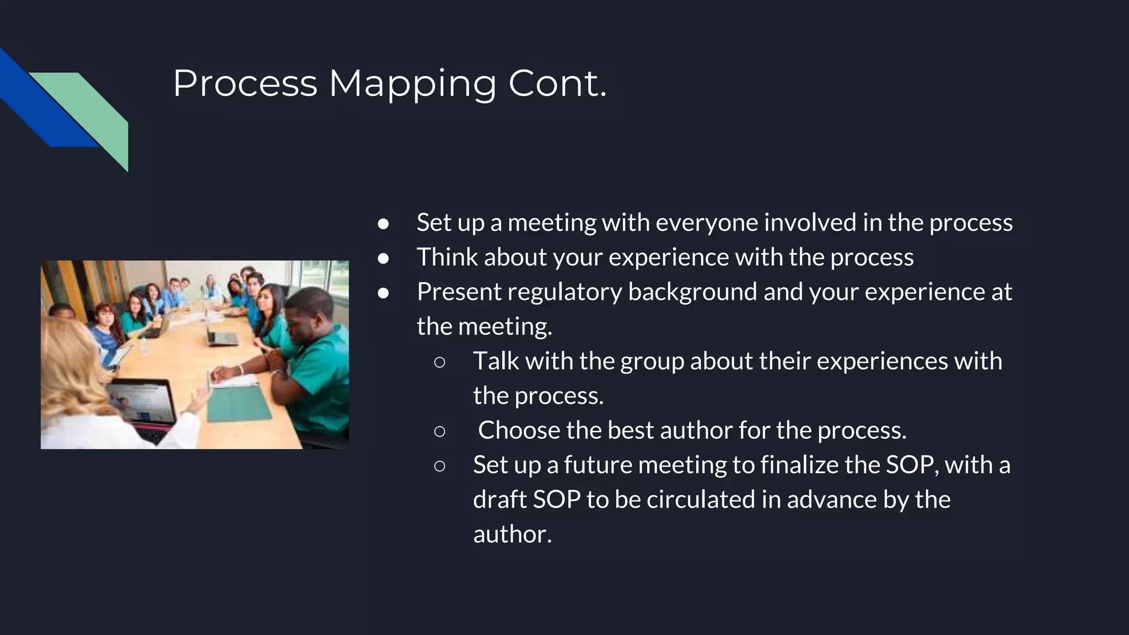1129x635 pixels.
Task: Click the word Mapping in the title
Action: tap(412, 84)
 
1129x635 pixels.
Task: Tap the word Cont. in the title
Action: tap(557, 84)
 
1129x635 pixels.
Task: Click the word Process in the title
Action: tap(245, 84)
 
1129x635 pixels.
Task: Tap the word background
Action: tap(692, 292)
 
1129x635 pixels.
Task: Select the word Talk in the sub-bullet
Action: tap(496, 361)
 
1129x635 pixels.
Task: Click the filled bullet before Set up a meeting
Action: tap(384, 223)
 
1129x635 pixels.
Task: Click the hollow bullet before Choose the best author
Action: tap(439, 431)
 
